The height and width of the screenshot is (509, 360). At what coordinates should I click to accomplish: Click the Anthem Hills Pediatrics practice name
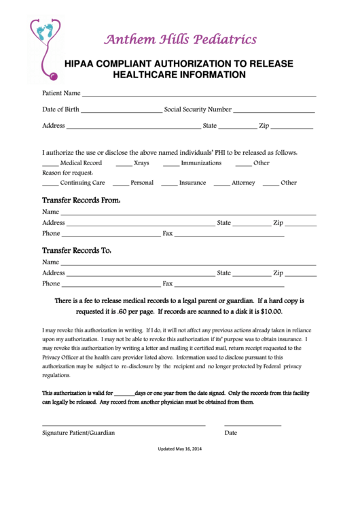pos(180,39)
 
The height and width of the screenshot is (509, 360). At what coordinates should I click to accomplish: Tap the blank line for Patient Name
pos(198,94)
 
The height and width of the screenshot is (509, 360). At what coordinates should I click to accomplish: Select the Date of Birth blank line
pos(122,110)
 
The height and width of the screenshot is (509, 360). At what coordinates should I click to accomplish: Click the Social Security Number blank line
pos(274,110)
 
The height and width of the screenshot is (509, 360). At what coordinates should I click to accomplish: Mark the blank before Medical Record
pos(50,164)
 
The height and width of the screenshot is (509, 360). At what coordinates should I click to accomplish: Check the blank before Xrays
pos(124,164)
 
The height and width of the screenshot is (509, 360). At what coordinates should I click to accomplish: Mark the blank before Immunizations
pos(170,164)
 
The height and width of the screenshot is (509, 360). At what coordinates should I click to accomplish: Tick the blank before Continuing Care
pos(50,184)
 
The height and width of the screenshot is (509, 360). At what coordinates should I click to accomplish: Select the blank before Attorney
pos(221,184)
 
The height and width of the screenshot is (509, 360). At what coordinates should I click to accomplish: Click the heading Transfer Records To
pos(77,250)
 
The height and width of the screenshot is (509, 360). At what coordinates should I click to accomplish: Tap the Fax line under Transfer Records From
pos(229,235)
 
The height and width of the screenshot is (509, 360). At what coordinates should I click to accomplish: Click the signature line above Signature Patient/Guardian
pos(124,425)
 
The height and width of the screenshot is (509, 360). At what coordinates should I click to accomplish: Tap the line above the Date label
pos(253,425)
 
